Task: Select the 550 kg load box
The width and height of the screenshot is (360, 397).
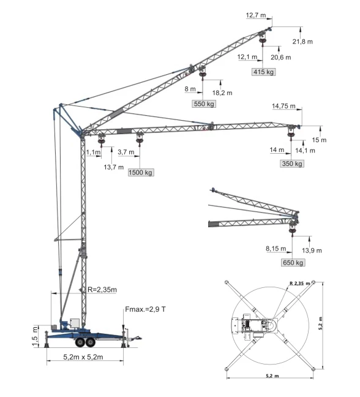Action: [204, 104]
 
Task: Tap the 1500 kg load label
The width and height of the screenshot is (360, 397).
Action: [140, 173]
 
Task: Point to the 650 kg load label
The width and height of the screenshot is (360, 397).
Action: [293, 263]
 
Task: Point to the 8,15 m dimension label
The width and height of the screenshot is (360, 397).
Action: [275, 249]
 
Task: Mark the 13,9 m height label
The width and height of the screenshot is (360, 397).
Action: [311, 251]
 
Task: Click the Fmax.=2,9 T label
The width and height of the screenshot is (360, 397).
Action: [145, 310]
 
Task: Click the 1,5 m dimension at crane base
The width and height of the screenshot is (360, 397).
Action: [36, 336]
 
